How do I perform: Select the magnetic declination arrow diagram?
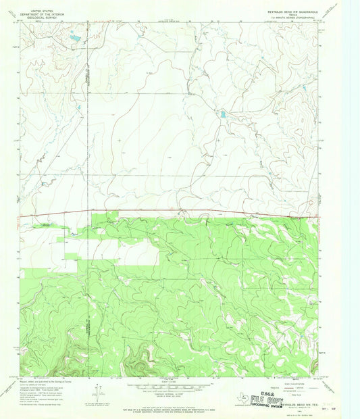point(100,391)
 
